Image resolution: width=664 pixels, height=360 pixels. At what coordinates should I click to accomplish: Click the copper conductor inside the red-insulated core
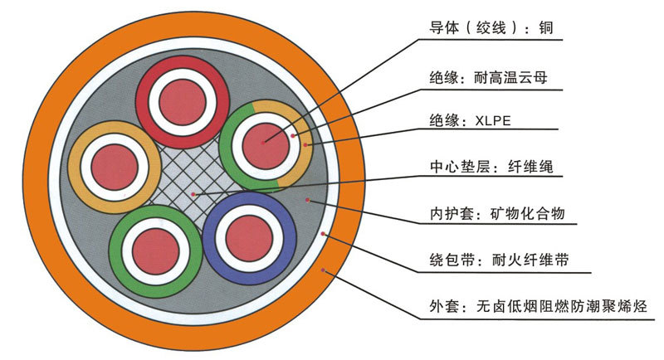(x=183, y=95)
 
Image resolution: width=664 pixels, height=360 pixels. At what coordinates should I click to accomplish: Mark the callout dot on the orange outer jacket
(x=324, y=270)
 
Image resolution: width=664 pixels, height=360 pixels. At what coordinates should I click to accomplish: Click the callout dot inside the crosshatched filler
(x=193, y=194)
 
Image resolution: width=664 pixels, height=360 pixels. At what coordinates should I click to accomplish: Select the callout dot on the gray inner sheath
(x=310, y=199)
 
